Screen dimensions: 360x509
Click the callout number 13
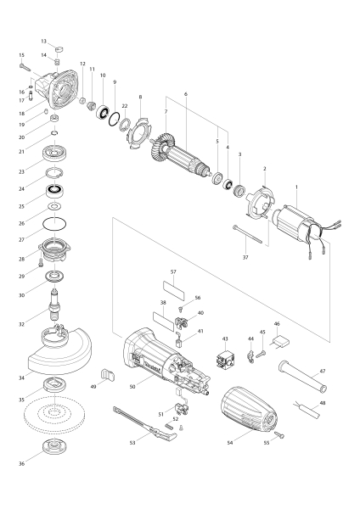pos(44,42)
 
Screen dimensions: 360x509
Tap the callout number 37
pos(245,257)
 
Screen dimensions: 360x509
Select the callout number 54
pos(230,443)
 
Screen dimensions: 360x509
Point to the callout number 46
pos(277,324)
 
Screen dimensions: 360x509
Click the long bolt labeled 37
pos(247,234)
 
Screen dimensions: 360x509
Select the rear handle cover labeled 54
pos(250,411)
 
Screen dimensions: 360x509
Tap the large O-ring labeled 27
pos(54,224)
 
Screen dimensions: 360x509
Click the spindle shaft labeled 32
pos(54,305)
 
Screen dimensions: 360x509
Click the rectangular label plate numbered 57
pos(173,290)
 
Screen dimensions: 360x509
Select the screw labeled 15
pos(25,67)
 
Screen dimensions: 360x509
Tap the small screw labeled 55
pos(279,434)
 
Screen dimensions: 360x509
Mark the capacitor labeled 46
pos(279,342)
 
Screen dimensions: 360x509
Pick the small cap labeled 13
pos(59,49)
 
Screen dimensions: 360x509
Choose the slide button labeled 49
pos(107,374)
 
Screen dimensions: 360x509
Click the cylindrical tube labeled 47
pos(302,376)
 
